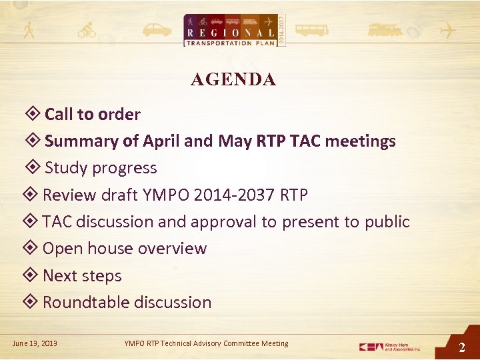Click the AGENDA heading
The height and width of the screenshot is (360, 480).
(233, 80)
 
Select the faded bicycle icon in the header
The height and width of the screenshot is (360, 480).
(87, 31)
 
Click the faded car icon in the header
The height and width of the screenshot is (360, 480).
(156, 30)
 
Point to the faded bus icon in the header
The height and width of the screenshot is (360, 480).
(311, 30)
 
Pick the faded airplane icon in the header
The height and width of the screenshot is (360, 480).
(450, 31)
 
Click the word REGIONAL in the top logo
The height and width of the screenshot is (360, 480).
(231, 33)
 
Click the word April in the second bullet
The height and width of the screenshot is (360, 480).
(160, 141)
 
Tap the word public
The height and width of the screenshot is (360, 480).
(387, 222)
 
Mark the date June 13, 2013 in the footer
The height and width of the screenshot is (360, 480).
(35, 343)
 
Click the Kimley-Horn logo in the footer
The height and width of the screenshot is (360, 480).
(390, 347)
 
